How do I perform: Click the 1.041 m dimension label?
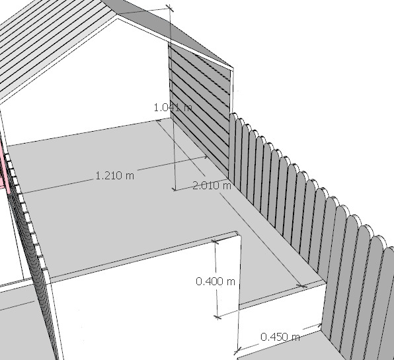(173, 108)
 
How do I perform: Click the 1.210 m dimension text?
(115, 175)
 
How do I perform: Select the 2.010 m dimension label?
(212, 186)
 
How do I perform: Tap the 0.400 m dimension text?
(216, 281)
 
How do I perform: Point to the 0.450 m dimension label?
(280, 337)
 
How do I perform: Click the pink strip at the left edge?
(3, 166)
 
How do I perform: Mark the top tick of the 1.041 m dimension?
(170, 8)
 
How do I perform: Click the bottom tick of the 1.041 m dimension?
(175, 189)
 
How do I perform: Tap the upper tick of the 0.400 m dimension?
(215, 242)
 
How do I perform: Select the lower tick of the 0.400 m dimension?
(217, 317)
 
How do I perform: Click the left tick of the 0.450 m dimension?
(238, 349)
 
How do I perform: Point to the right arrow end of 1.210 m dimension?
(206, 157)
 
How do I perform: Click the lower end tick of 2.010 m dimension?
(302, 286)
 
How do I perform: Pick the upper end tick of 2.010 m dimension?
(158, 120)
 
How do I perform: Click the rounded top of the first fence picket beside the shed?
(233, 115)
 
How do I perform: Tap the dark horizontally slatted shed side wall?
(200, 107)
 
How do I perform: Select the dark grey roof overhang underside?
(171, 30)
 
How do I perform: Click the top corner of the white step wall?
(237, 232)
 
